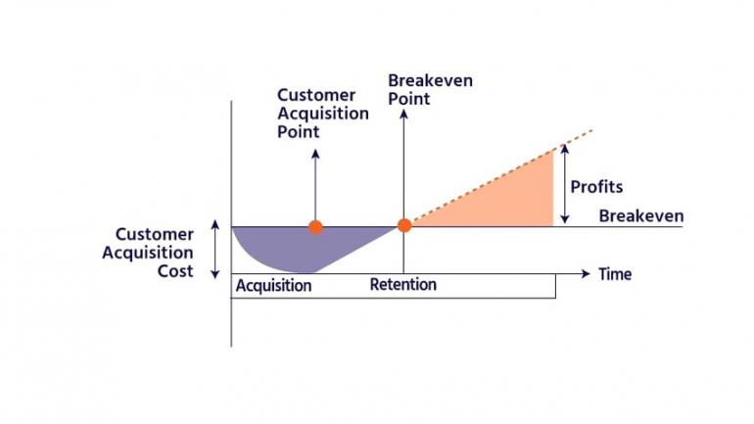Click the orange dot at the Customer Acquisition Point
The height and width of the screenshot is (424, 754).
click(x=315, y=227)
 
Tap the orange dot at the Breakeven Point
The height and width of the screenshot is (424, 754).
click(x=404, y=225)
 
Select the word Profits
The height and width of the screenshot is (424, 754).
click(x=596, y=187)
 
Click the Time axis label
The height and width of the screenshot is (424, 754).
click(x=615, y=274)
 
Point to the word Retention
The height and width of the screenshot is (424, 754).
click(x=403, y=285)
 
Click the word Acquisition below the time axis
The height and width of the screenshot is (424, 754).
click(x=273, y=286)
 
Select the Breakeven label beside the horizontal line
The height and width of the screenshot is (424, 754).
click(x=641, y=215)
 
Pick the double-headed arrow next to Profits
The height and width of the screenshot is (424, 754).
click(x=565, y=184)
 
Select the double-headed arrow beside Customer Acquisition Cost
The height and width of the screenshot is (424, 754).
click(x=215, y=249)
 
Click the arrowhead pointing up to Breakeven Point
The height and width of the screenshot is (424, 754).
click(x=403, y=114)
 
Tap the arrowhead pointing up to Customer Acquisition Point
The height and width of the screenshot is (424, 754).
click(x=315, y=154)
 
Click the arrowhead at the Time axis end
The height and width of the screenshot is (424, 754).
click(x=586, y=273)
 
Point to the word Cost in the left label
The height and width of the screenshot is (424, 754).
click(x=175, y=271)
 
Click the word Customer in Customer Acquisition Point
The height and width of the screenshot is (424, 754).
click(x=316, y=95)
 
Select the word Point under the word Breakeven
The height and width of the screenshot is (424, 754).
click(x=408, y=99)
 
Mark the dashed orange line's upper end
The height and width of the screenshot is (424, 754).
click(x=592, y=130)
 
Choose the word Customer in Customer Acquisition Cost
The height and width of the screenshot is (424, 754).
click(x=155, y=235)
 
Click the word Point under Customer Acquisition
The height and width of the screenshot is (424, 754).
click(x=298, y=132)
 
